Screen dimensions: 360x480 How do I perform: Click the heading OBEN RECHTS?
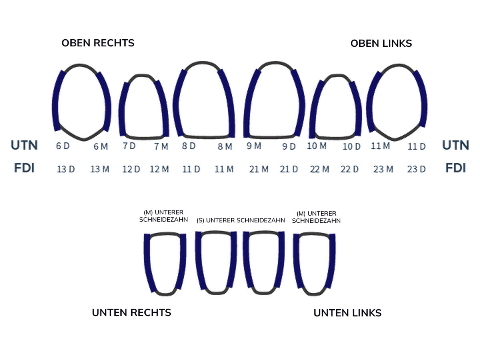point(98,43)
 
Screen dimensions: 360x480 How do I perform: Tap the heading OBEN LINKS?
point(381,43)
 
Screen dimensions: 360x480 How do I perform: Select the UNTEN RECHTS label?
point(132,312)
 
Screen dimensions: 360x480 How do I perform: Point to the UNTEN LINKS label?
point(347,313)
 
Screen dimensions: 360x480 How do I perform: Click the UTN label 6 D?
point(63,146)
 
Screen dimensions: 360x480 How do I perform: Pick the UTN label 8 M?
point(225,146)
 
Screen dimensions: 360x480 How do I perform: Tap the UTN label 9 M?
point(254,146)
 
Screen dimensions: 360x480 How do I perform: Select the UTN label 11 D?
point(416,147)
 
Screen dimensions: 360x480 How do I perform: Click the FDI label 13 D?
point(66,169)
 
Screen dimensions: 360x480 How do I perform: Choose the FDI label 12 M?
point(159,169)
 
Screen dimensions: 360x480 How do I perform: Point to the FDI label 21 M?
point(259,169)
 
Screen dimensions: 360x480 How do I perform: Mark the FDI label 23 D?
point(416,169)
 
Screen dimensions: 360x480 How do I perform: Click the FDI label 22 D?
point(350,169)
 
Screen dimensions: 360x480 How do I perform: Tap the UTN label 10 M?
point(317,146)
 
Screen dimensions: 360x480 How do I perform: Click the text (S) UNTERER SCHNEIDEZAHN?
point(241,220)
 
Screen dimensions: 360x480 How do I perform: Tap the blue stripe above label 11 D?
point(422,100)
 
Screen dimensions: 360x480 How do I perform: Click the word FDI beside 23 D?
point(456,168)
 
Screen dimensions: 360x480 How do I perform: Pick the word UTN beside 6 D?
point(24,145)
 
